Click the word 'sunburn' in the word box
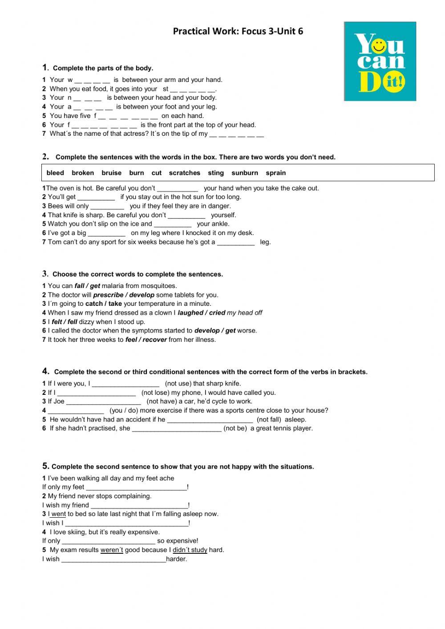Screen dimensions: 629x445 click(x=245, y=173)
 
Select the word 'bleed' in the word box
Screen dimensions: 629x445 click(x=55, y=173)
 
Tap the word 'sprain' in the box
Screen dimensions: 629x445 click(x=276, y=173)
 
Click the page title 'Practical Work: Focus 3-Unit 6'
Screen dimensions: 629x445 click(x=238, y=31)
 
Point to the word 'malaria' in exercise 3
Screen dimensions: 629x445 click(x=113, y=286)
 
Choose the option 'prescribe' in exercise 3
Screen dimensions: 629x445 click(x=108, y=295)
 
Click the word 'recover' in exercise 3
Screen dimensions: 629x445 click(x=155, y=340)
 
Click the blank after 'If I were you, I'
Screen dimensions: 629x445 click(x=125, y=384)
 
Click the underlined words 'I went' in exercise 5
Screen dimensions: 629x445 click(x=57, y=514)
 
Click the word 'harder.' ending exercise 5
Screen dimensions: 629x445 click(x=177, y=559)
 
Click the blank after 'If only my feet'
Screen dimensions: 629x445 click(x=136, y=487)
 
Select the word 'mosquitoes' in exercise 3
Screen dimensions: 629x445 click(x=160, y=286)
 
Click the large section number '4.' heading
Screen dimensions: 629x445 click(x=46, y=371)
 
